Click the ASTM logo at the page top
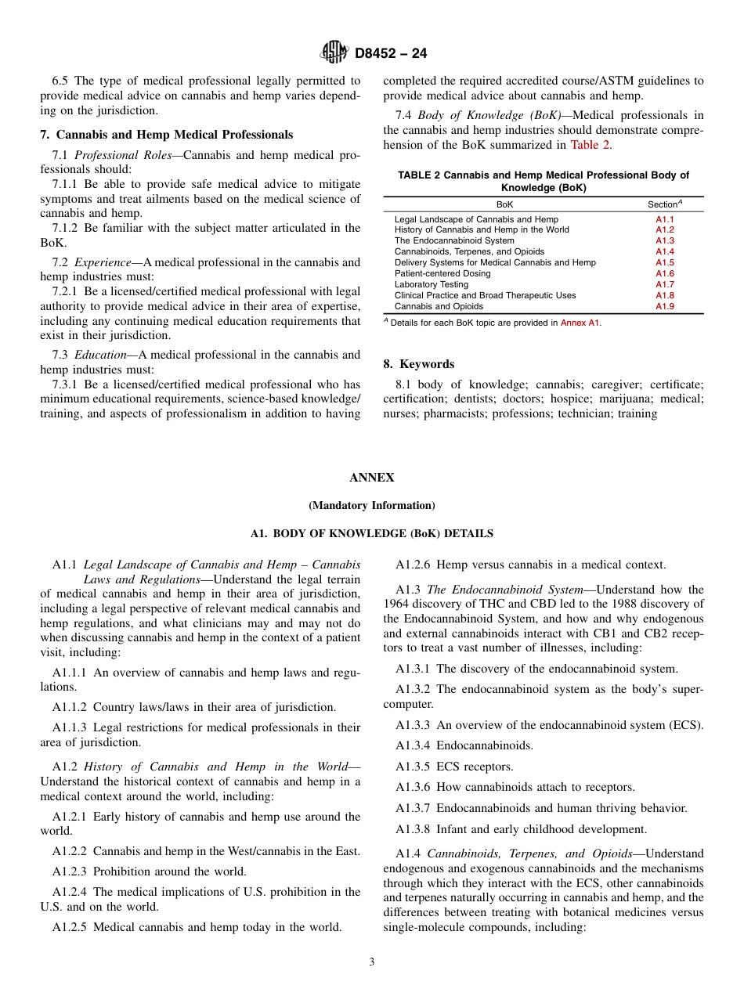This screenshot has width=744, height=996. pos(335,53)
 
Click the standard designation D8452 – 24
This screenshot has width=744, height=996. pos(391,54)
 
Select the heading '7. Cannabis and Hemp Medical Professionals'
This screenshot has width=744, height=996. pos(166,135)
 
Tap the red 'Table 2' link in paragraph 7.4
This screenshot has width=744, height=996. pos(591,144)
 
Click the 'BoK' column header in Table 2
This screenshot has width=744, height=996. pos(505,204)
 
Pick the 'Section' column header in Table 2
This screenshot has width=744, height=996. pos(664,204)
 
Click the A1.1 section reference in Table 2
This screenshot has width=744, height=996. pos(664,219)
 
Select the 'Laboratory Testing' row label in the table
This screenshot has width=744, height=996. pos(432,285)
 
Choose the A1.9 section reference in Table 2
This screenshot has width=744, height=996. pos(664,307)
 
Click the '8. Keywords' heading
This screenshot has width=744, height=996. pos(418,364)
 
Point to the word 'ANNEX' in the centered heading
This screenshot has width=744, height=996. pos(371,478)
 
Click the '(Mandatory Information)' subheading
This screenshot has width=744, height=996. pos(371,506)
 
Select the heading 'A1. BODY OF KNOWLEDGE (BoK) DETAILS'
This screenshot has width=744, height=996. pos(371,534)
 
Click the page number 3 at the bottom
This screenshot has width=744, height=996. pos(371,962)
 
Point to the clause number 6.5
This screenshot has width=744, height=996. pos(60,81)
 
